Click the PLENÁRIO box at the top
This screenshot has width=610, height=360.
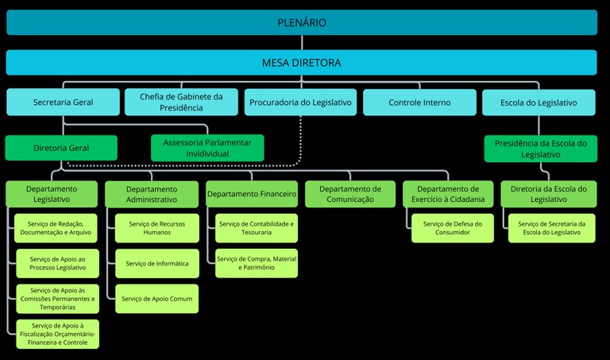[x=302, y=22]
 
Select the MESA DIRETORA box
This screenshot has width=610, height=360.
[x=302, y=62]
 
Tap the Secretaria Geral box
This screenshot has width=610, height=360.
[x=62, y=103]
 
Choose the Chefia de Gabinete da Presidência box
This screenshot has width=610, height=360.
[x=181, y=102]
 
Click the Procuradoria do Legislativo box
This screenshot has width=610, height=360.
[x=300, y=103]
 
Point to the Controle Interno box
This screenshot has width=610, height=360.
[x=419, y=103]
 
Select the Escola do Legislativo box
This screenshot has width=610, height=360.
[x=539, y=103]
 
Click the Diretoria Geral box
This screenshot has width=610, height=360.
[x=61, y=148]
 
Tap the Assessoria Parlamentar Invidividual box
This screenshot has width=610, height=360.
[x=207, y=148]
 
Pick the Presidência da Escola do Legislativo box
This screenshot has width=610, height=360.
[x=540, y=149]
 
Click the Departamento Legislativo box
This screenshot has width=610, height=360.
[x=52, y=195]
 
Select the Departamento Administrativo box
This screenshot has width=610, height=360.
[x=151, y=195]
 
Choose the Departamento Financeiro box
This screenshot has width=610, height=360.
[x=252, y=194]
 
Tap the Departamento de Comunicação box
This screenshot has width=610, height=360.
[x=350, y=195]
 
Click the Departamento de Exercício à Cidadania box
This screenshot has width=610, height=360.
[x=448, y=195]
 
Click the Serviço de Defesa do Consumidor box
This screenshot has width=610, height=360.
[x=452, y=229]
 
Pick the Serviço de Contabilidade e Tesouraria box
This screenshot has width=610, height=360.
[x=257, y=229]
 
